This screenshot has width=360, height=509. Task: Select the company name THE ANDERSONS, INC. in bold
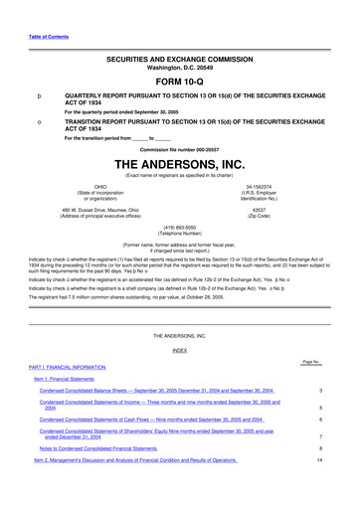[x=179, y=163]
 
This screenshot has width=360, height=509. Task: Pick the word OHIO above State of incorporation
[x=99, y=186]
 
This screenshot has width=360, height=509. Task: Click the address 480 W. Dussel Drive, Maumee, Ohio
[x=99, y=210]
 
